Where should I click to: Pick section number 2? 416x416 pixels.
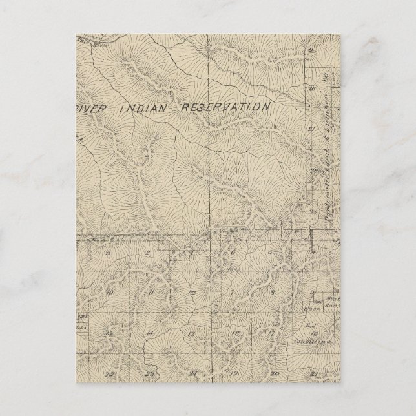[148, 253]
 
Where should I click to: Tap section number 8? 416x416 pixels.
[273, 293]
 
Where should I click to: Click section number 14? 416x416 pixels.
[149, 333]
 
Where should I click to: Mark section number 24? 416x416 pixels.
[192, 373]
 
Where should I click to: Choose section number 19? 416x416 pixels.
[233, 373]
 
